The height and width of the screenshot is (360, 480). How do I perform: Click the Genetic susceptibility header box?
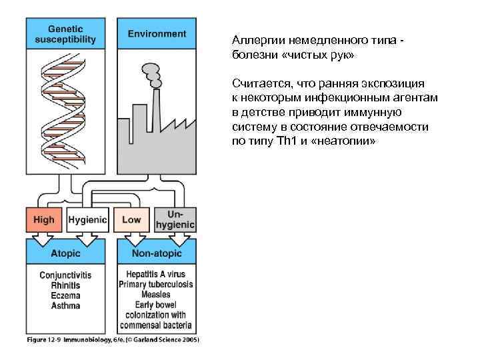(65, 33)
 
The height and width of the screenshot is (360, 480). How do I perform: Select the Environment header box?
(157, 33)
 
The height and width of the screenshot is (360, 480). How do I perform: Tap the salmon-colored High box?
(44, 220)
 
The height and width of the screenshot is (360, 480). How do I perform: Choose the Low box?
(131, 220)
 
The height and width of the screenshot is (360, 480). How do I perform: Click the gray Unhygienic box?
(175, 219)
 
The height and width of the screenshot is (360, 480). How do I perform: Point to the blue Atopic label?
(65, 253)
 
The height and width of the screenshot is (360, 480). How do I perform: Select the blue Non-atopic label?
(157, 253)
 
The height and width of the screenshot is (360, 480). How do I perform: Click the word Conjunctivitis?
(65, 275)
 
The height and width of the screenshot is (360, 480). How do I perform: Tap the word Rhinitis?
(65, 285)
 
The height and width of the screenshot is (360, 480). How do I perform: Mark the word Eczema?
(65, 295)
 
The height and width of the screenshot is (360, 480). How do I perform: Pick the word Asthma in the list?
(65, 306)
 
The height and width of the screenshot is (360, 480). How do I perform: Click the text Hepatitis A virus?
(156, 274)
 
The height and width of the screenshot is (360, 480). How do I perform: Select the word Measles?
(156, 295)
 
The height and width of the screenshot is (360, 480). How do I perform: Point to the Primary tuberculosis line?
(156, 285)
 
